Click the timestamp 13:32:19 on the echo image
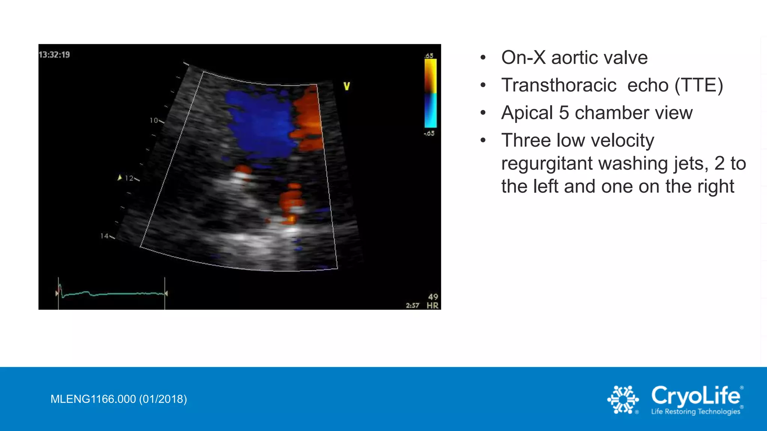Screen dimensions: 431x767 (x=54, y=55)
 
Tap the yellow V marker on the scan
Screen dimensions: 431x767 (x=347, y=86)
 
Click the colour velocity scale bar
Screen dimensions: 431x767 (x=430, y=94)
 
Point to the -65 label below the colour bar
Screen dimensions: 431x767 (x=429, y=134)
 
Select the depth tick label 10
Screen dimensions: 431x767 (x=154, y=120)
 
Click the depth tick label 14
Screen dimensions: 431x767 (x=104, y=236)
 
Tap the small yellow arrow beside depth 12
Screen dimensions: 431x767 (x=120, y=178)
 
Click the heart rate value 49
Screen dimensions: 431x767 (x=433, y=297)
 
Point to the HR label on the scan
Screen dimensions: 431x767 (x=433, y=306)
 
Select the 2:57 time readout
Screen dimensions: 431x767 (x=412, y=306)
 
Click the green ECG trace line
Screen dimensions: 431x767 (x=112, y=294)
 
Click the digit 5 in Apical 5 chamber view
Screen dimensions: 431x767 (x=564, y=113)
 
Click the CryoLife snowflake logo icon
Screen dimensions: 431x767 (x=623, y=400)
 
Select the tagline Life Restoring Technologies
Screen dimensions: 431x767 (x=695, y=412)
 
